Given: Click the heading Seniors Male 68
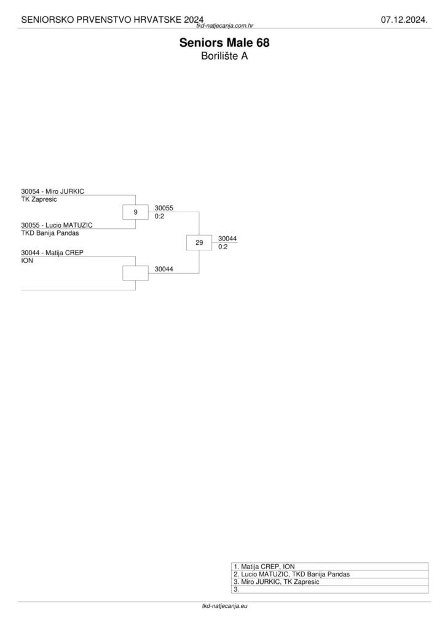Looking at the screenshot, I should (224, 43).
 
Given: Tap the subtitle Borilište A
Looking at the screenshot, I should (224, 56).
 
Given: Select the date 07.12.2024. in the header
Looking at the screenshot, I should (404, 20).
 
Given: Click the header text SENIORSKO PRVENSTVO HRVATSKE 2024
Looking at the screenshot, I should (112, 20).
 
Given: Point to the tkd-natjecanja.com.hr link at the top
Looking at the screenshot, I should (225, 26).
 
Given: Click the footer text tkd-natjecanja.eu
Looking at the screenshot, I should (224, 606).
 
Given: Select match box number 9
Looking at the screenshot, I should (135, 212).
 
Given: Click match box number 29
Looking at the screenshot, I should (199, 243).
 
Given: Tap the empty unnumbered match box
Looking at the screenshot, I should (135, 273).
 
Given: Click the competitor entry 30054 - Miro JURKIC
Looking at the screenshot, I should (52, 191).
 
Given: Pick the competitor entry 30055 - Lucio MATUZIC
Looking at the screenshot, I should (57, 225).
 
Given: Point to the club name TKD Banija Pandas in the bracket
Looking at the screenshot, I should (50, 233).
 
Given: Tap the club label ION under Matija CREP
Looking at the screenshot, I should (27, 261).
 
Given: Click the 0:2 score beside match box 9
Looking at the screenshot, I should (159, 217).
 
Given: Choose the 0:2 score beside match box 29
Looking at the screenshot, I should (223, 247).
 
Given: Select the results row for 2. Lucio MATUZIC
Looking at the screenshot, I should (291, 574).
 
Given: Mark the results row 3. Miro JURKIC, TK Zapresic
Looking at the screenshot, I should (276, 581).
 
